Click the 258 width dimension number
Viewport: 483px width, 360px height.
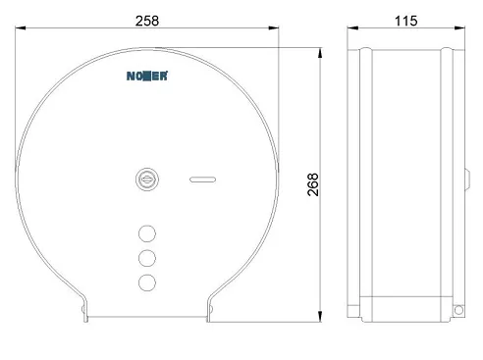pos(147,21)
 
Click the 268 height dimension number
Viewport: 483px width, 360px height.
pos(313,184)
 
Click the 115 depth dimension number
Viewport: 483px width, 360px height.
pos(405,21)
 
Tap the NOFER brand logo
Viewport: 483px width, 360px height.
pos(147,76)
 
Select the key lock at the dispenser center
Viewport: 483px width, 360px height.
pos(147,180)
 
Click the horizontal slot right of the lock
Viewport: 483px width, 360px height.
pos(203,180)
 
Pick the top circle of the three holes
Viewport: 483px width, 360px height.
pos(147,233)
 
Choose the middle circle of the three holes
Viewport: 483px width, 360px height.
pos(147,258)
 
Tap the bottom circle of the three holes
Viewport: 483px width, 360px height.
pos(147,283)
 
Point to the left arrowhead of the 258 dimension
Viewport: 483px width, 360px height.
pos(21,28)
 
